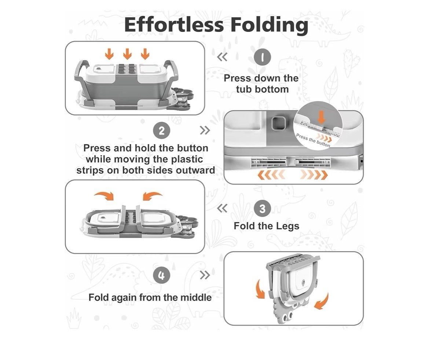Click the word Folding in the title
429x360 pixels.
269,26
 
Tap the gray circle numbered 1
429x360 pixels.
262,57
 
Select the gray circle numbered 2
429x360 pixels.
162,131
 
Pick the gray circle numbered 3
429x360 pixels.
262,209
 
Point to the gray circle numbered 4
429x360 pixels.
162,275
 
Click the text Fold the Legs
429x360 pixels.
267,226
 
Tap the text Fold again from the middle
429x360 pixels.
150,297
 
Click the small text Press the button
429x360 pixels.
313,140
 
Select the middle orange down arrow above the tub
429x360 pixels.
127,54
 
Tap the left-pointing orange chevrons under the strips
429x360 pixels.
271,175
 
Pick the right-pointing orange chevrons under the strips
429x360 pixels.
314,175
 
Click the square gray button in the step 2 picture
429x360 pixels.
278,123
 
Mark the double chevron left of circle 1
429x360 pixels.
222,57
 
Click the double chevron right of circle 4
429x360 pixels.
205,275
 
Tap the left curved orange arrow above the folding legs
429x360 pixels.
105,195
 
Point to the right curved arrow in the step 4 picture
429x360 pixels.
322,302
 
